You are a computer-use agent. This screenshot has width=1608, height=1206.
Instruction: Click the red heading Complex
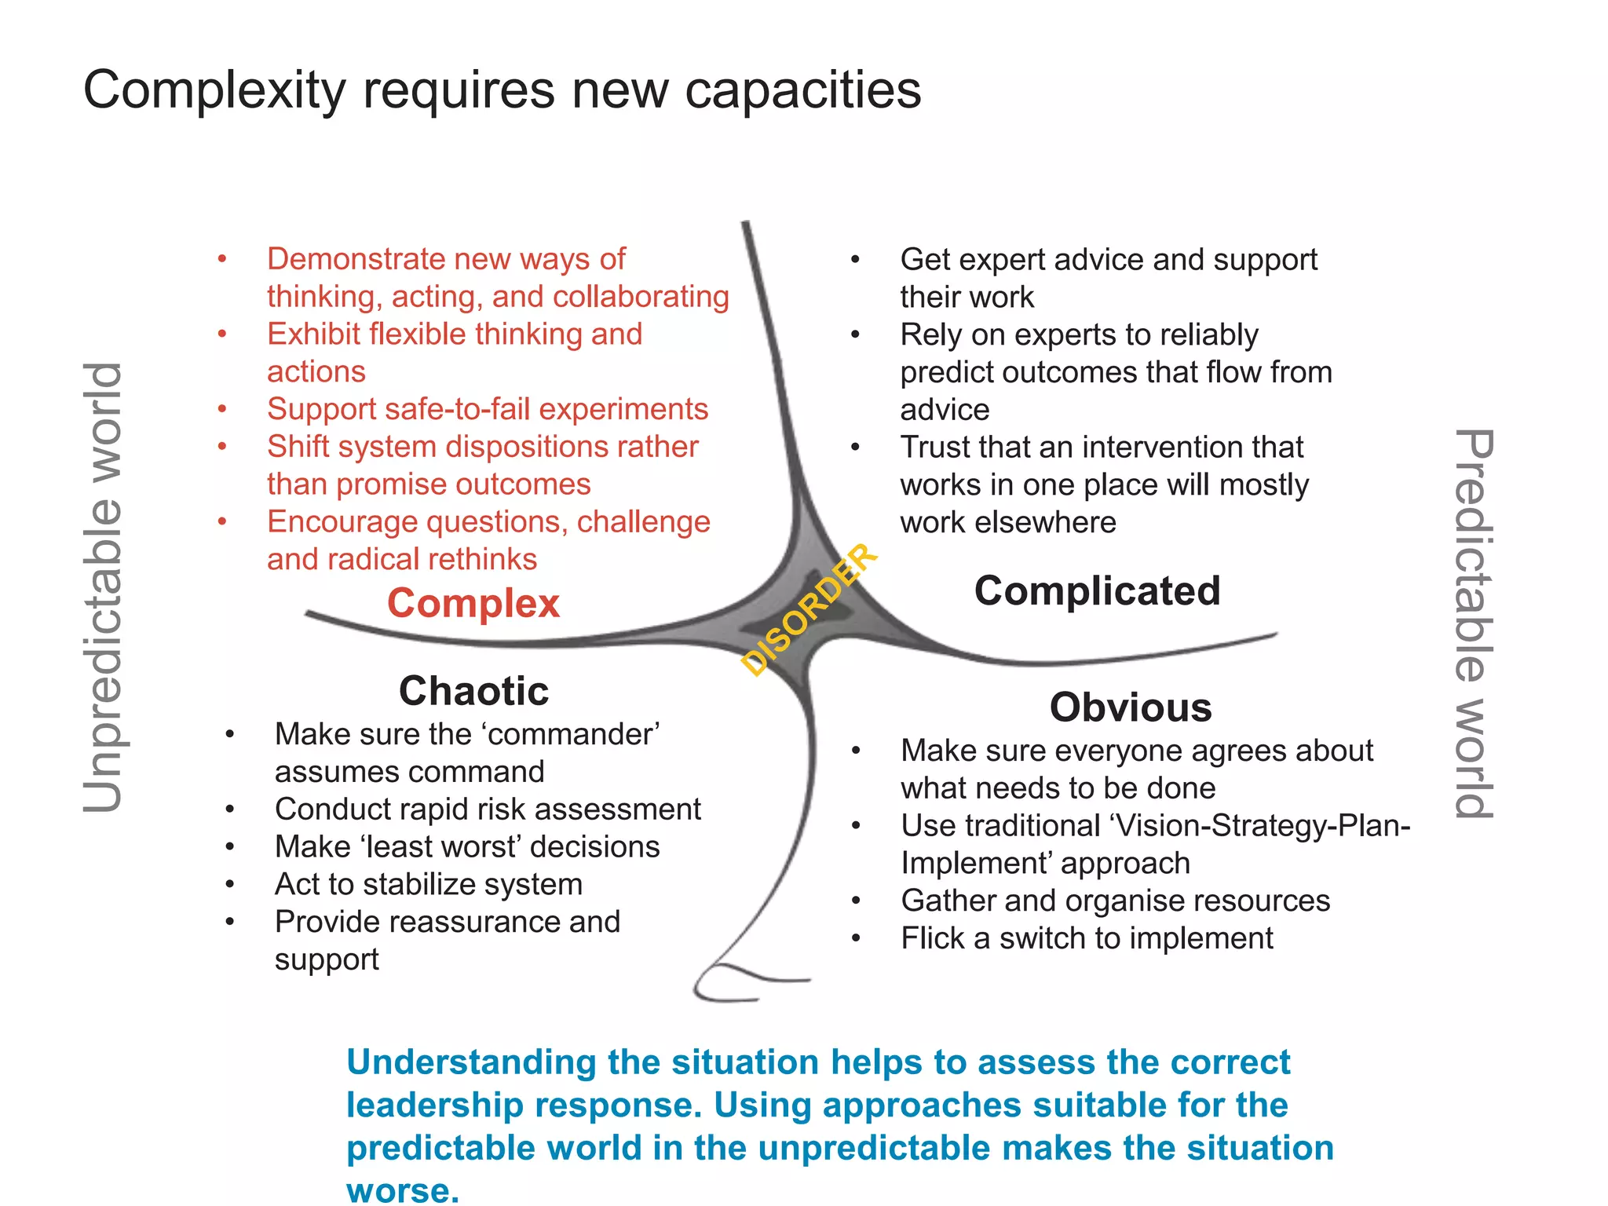tap(473, 603)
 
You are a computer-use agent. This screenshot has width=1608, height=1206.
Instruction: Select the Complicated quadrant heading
tap(1097, 590)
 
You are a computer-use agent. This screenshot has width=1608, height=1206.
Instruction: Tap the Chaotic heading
tap(473, 691)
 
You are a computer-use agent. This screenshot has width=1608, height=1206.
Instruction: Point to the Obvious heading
tap(1131, 707)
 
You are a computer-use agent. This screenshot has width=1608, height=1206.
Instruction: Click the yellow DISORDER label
tap(809, 609)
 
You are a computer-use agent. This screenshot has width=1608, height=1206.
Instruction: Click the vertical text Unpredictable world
tap(104, 587)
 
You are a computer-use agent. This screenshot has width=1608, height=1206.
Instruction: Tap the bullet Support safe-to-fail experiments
tap(487, 409)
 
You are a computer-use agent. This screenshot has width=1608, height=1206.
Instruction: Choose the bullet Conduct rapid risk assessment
tap(487, 809)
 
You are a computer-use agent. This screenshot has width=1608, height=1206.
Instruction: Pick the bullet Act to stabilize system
tap(428, 884)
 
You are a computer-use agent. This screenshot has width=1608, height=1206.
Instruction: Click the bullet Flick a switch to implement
tap(1087, 938)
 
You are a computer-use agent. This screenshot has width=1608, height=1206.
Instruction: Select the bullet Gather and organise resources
tap(1115, 901)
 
